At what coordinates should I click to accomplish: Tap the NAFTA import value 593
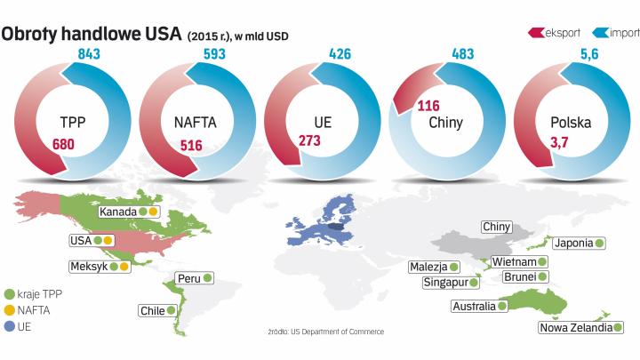(x=213, y=55)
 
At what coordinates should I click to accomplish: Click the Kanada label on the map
(x=118, y=212)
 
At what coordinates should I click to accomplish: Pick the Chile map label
(x=152, y=311)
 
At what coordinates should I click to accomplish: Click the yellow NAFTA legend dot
(x=10, y=310)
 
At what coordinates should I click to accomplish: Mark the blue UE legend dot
(x=10, y=326)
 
